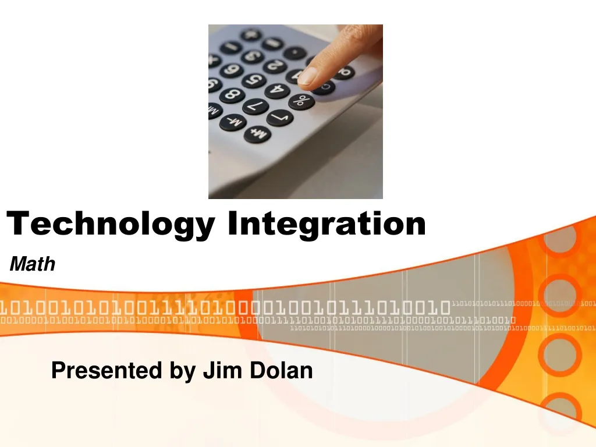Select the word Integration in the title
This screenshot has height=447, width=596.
pos(327,224)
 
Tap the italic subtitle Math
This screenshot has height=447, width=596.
pos(33,265)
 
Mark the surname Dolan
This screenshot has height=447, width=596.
pos(282,370)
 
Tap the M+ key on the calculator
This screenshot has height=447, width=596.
pos(257,134)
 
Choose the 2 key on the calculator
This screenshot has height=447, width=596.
pos(274,66)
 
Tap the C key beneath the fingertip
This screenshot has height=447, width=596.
pos(323,88)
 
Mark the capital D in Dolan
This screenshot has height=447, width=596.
pos(260,370)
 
